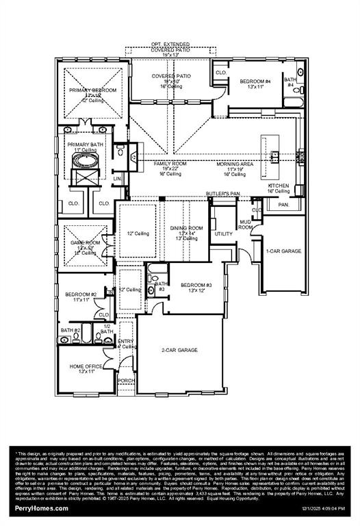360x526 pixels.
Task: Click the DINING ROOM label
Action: point(187,227)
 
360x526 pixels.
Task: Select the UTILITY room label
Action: point(224,234)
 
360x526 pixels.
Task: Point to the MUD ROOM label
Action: point(246,224)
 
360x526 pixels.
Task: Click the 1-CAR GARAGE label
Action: point(283,251)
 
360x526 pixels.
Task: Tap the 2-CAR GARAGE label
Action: point(179,350)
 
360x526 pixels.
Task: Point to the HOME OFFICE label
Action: point(86,366)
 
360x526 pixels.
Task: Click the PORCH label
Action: point(126,380)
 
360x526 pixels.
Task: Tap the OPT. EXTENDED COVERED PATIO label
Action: point(172,47)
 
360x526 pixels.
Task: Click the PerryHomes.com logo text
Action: point(41,508)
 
